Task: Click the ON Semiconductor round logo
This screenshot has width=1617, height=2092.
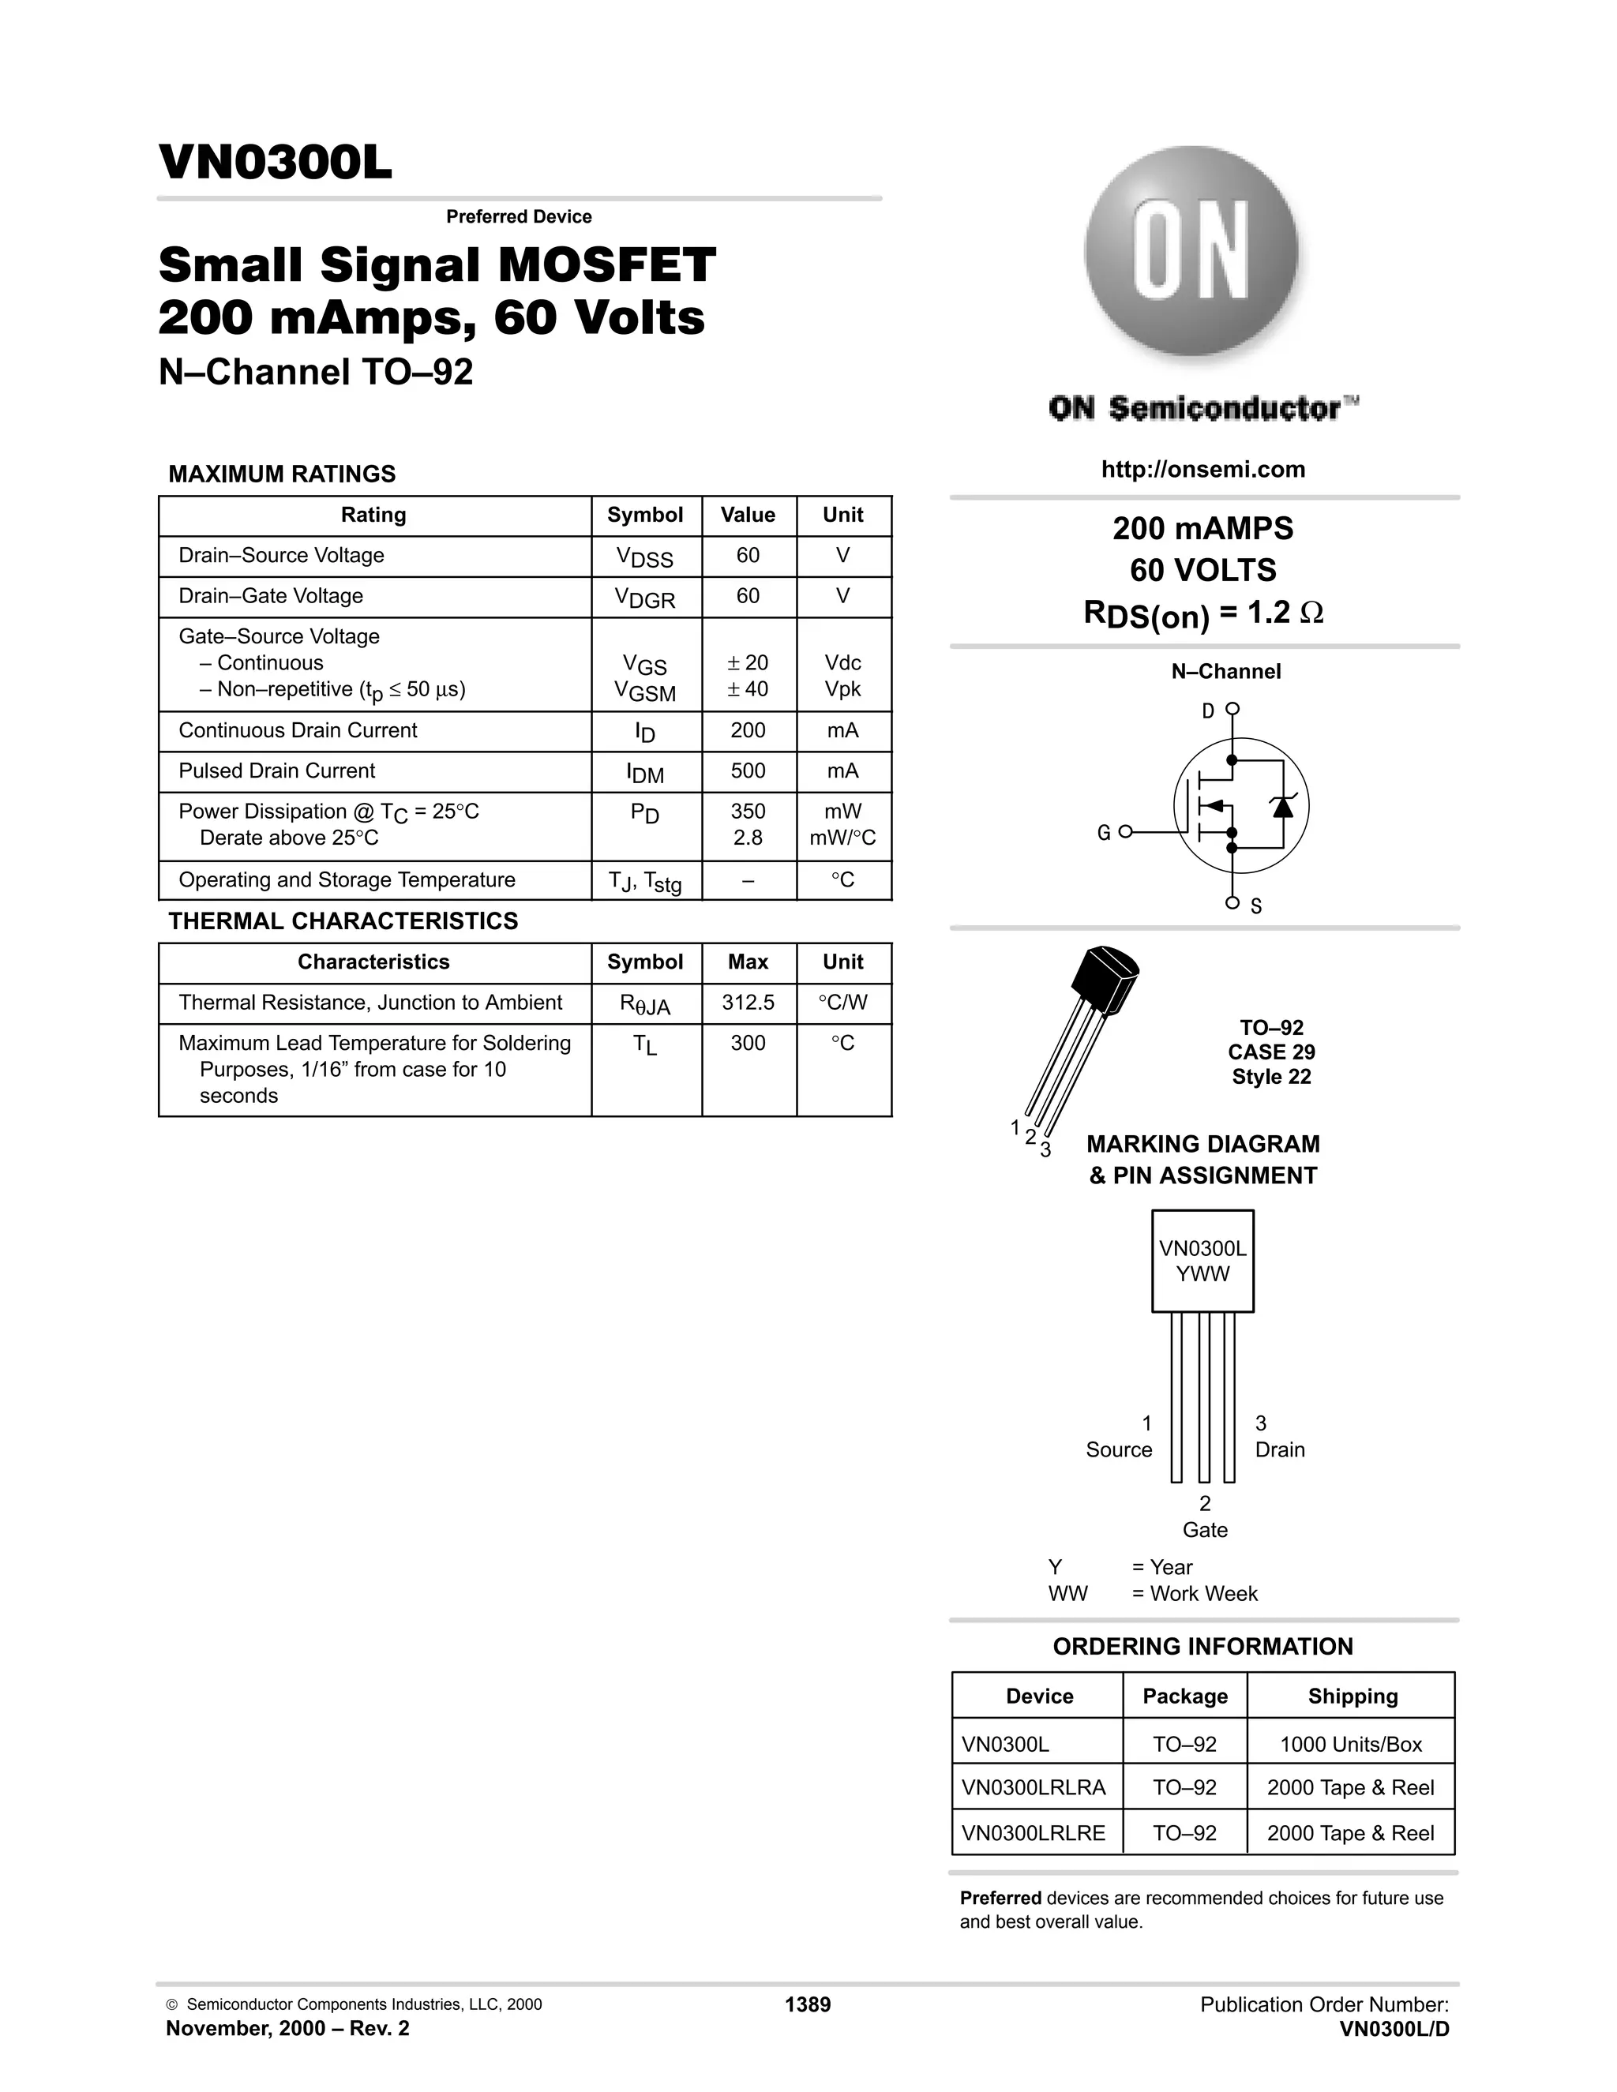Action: click(1191, 253)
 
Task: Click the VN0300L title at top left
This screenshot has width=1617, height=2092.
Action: click(275, 163)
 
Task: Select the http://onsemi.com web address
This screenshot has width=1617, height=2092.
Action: click(1203, 470)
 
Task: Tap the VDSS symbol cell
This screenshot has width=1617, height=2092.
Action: click(645, 557)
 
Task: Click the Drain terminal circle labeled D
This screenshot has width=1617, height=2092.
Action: click(1232, 709)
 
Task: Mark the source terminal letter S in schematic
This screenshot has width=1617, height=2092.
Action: click(1256, 906)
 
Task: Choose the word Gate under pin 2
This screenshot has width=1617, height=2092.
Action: click(1204, 1530)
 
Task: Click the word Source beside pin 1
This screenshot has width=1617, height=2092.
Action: click(1118, 1449)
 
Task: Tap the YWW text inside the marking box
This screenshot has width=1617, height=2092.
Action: click(1202, 1274)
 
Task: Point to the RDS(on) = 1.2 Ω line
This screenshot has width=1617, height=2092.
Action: click(1203, 613)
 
